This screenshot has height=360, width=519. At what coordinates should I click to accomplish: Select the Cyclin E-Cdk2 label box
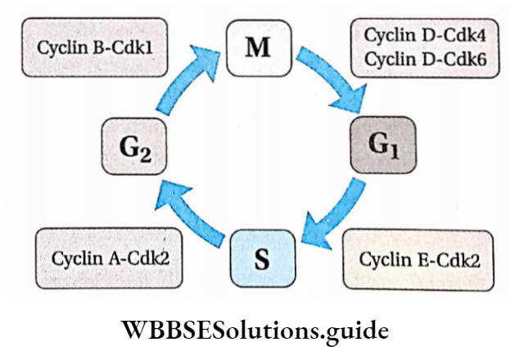[419, 261]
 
